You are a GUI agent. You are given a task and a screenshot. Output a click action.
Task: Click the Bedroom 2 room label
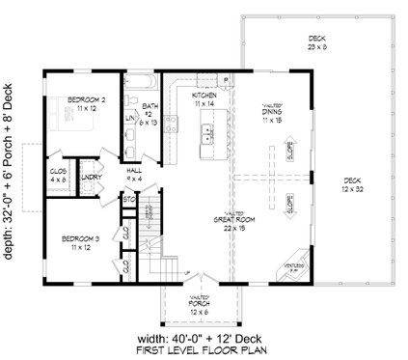[x=70, y=99]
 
